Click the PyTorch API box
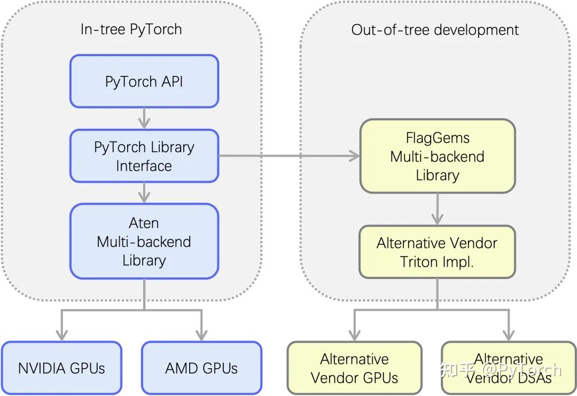144,81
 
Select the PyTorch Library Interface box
144,156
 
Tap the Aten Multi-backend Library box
144,242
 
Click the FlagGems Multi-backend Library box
437,156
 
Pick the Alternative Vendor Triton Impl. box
437,252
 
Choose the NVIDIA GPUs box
61,368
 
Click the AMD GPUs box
201,368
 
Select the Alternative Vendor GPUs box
354,368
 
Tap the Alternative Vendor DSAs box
509,368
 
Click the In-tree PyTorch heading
131,29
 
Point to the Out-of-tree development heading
435,29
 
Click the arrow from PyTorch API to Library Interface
144,119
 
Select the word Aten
144,223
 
